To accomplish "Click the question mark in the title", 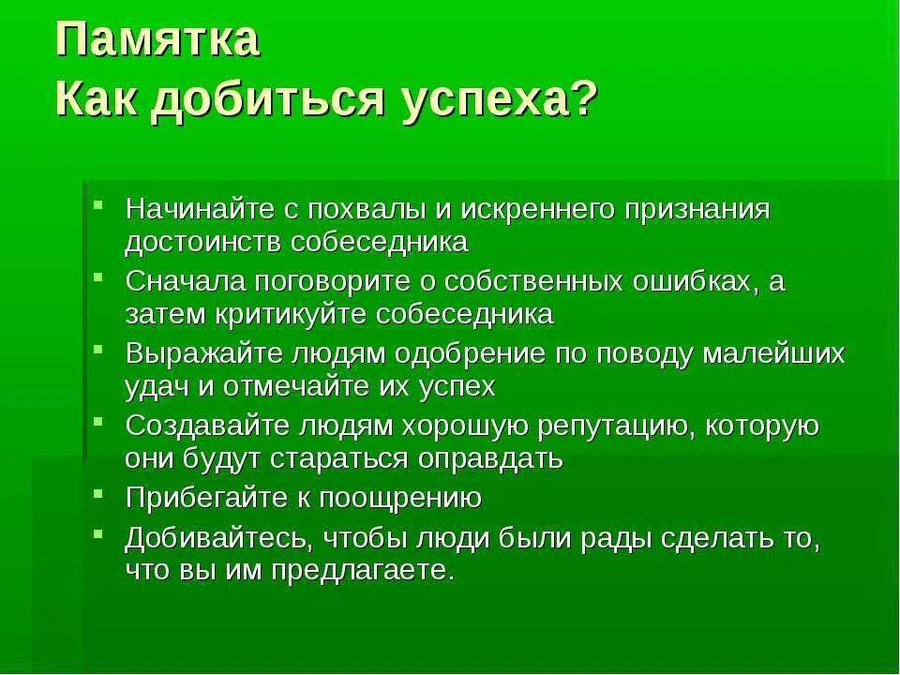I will pos(581,97).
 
